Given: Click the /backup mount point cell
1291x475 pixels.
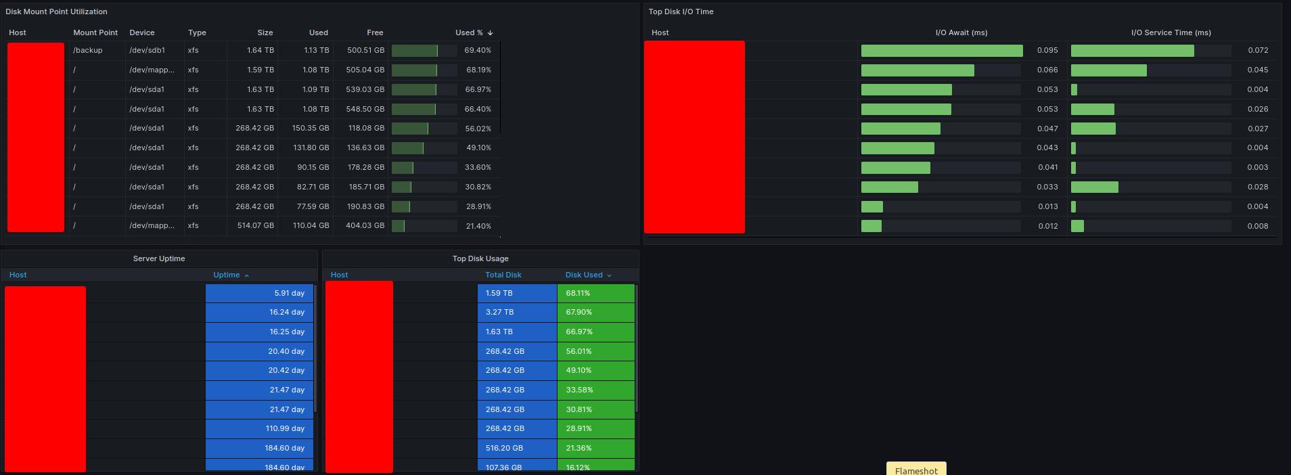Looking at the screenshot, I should [x=88, y=50].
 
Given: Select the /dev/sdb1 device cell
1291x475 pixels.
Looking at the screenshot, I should [x=148, y=50].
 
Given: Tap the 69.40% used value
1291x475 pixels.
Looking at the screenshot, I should [x=478, y=50].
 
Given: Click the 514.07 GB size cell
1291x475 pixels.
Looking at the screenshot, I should [x=254, y=226].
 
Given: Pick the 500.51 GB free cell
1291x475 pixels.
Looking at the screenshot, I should [x=365, y=50].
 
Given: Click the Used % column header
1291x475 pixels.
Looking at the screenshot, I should [x=470, y=32].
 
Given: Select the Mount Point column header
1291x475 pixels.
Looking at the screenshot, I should [x=95, y=32].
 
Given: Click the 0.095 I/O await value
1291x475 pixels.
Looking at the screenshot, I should [x=1047, y=50].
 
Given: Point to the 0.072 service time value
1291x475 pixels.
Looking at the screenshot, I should [x=1258, y=50].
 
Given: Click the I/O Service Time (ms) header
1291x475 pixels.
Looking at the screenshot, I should [x=1171, y=32].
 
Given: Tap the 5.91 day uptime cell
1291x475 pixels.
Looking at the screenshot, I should [x=290, y=293].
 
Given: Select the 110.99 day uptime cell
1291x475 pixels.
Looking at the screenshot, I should [x=285, y=428].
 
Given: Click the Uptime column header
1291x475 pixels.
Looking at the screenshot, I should [x=227, y=275].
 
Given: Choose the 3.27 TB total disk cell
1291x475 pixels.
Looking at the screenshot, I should [x=499, y=312].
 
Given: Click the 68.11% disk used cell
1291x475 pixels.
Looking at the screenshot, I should [x=579, y=293].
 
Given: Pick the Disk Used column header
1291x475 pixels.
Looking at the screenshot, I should [x=584, y=275].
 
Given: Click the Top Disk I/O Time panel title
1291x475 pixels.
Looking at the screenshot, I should [x=681, y=12].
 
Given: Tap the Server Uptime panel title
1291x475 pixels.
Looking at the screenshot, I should [x=159, y=258].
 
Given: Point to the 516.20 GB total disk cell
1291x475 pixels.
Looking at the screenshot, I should [x=504, y=448].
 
